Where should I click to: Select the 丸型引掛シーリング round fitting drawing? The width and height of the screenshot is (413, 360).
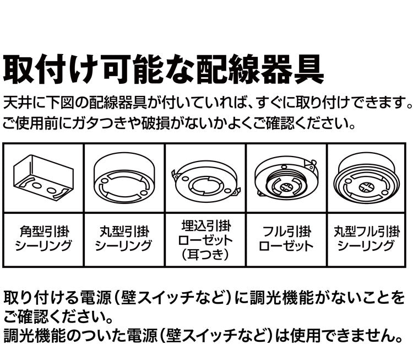point(124,176)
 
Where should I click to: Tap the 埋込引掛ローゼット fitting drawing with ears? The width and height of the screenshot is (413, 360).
point(205,179)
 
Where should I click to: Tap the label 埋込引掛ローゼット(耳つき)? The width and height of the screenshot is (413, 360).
point(205,240)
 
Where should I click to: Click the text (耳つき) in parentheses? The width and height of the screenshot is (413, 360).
point(205,255)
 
